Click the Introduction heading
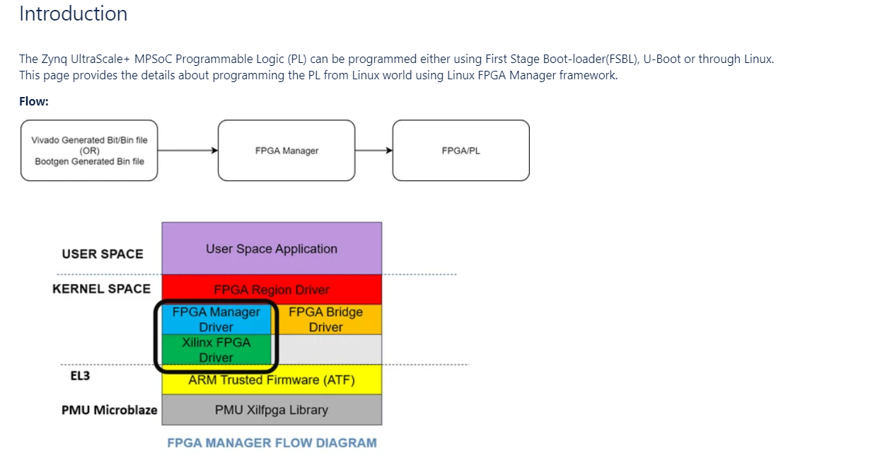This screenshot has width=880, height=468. click(x=73, y=14)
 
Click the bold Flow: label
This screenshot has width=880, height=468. click(x=34, y=101)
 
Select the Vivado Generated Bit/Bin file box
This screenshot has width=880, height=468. click(x=89, y=151)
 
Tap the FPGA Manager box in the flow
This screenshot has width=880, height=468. click(x=286, y=151)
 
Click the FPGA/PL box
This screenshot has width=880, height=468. click(x=461, y=151)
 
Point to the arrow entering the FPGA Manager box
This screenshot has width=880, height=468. click(x=188, y=151)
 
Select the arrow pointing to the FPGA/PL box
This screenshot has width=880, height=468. click(x=374, y=151)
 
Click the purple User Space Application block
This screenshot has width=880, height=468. click(x=272, y=249)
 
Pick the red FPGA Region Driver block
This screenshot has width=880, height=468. click(x=272, y=290)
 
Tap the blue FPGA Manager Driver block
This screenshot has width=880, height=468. click(x=216, y=319)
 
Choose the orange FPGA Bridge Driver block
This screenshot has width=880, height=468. click(x=326, y=319)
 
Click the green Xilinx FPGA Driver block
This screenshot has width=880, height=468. click(x=216, y=350)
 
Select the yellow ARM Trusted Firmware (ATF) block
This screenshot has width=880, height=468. click(x=272, y=380)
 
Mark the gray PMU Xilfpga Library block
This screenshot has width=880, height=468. click(x=272, y=410)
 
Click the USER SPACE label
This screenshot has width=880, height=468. click(x=103, y=254)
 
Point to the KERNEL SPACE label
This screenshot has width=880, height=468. click(x=102, y=289)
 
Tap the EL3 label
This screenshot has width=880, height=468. click(x=71, y=376)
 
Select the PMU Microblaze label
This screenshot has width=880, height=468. click(x=110, y=410)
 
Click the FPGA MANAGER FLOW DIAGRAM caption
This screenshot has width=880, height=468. click(x=272, y=443)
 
